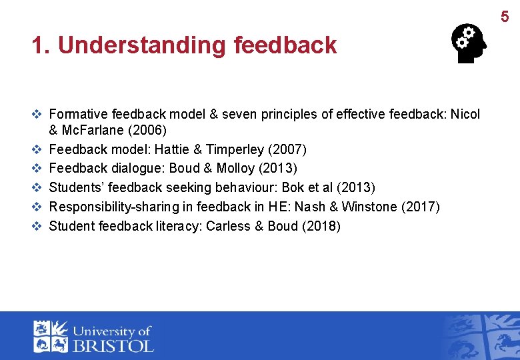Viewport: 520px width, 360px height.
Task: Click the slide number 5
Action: (x=505, y=17)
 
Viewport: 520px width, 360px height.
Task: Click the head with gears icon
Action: (x=469, y=45)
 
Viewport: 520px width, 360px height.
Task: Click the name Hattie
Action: (x=172, y=148)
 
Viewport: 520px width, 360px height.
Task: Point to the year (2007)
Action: (x=287, y=148)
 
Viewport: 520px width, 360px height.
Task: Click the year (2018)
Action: (x=321, y=226)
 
